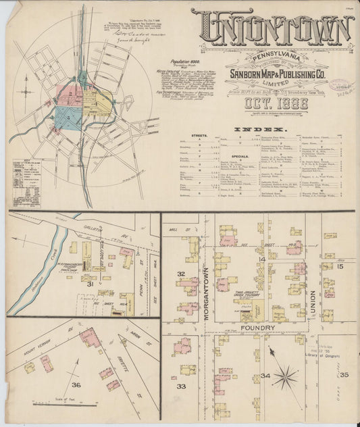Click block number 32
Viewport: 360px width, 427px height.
[x=181, y=274]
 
